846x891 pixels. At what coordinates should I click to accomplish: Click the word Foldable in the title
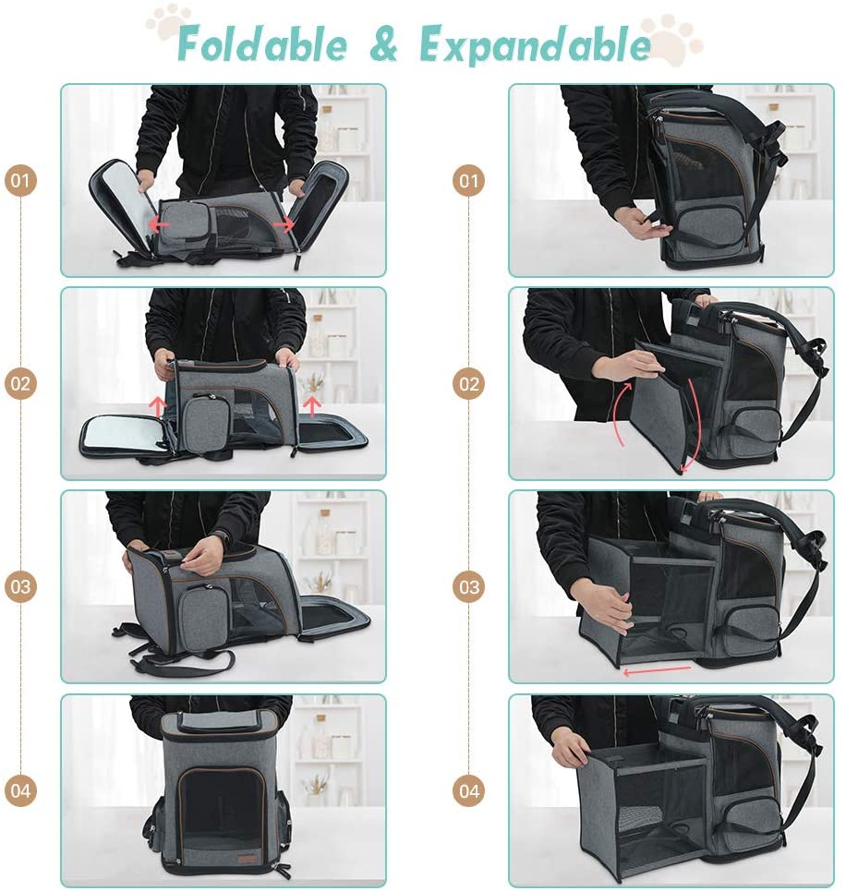[x=261, y=43]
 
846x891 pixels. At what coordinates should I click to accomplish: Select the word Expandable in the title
[x=535, y=45]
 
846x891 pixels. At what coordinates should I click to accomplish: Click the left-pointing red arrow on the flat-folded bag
[x=159, y=224]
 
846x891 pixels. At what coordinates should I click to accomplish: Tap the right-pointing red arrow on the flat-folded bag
[x=284, y=225]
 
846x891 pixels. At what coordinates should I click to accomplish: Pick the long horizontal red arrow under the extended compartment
[x=658, y=671]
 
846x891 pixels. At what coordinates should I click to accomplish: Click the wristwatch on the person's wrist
[x=219, y=539]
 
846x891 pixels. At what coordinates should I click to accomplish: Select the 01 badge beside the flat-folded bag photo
[x=20, y=181]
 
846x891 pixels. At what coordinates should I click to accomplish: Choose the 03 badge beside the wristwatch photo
[x=20, y=586]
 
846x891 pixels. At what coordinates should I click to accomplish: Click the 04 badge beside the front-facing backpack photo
[x=20, y=789]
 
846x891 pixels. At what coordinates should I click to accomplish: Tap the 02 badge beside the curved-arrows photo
[x=469, y=383]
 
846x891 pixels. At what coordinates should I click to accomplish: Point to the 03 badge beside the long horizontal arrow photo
[x=469, y=586]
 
